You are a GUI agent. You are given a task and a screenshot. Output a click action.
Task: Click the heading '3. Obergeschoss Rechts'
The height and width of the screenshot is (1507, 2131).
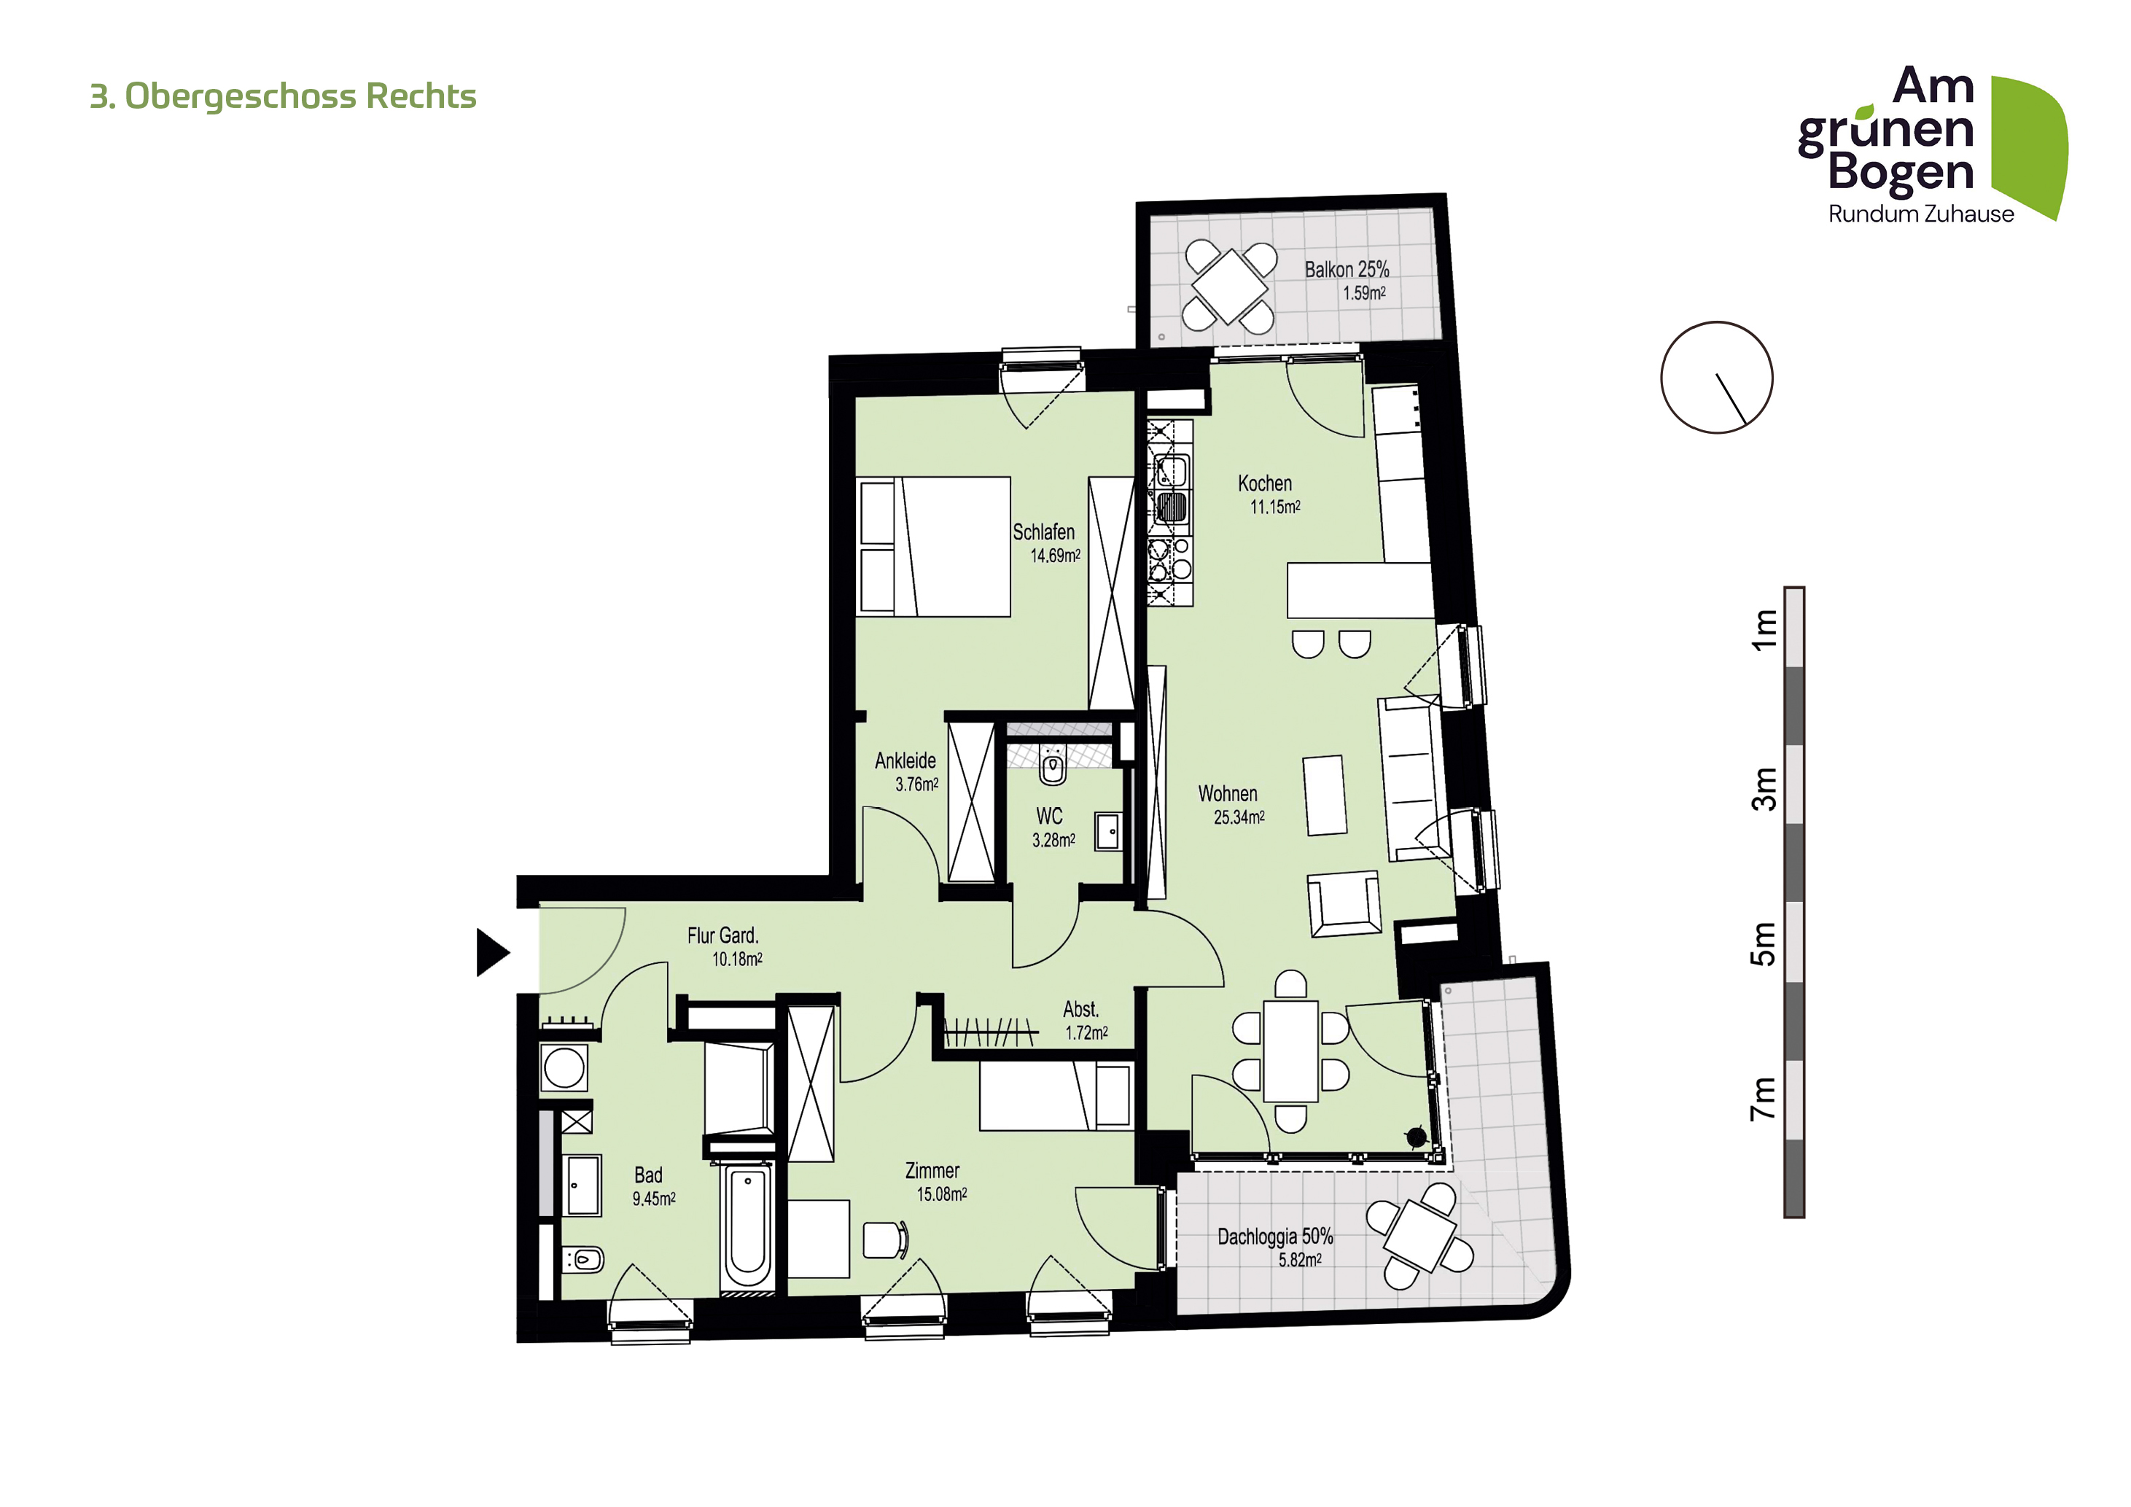[283, 96]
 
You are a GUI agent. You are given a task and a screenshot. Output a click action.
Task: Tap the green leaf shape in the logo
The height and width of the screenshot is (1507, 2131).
[2031, 144]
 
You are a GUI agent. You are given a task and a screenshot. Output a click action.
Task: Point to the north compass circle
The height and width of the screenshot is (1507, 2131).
[1716, 378]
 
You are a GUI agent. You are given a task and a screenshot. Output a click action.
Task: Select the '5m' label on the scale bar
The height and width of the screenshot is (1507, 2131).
[1764, 943]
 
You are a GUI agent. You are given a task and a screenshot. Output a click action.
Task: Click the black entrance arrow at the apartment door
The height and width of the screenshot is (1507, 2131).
[492, 952]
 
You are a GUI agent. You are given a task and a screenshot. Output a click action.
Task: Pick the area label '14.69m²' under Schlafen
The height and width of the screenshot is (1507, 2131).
[1055, 556]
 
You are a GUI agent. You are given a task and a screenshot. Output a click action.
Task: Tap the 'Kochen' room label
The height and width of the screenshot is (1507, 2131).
[1264, 483]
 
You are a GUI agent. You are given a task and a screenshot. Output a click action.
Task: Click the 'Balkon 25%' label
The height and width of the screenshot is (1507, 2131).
[1347, 270]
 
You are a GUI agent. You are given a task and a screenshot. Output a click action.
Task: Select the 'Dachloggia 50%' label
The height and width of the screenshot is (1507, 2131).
[1275, 1237]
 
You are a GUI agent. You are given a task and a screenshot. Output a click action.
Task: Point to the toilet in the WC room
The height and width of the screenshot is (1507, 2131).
[1053, 766]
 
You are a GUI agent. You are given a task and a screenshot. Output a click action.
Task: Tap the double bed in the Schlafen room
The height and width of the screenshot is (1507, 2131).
[934, 547]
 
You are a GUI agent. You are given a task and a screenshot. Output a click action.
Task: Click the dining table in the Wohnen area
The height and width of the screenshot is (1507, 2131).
[1291, 1051]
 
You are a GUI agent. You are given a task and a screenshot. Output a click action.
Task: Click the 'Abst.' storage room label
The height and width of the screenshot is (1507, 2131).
[1080, 1010]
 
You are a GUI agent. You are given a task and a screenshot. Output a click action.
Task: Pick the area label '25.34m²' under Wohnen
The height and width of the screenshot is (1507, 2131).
[1239, 817]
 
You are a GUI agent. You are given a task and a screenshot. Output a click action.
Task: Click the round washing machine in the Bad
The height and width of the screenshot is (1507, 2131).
[564, 1068]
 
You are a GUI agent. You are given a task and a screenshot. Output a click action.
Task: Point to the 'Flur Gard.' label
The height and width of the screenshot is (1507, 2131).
[723, 935]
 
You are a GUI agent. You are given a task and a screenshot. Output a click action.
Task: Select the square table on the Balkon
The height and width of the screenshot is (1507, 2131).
[1230, 287]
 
